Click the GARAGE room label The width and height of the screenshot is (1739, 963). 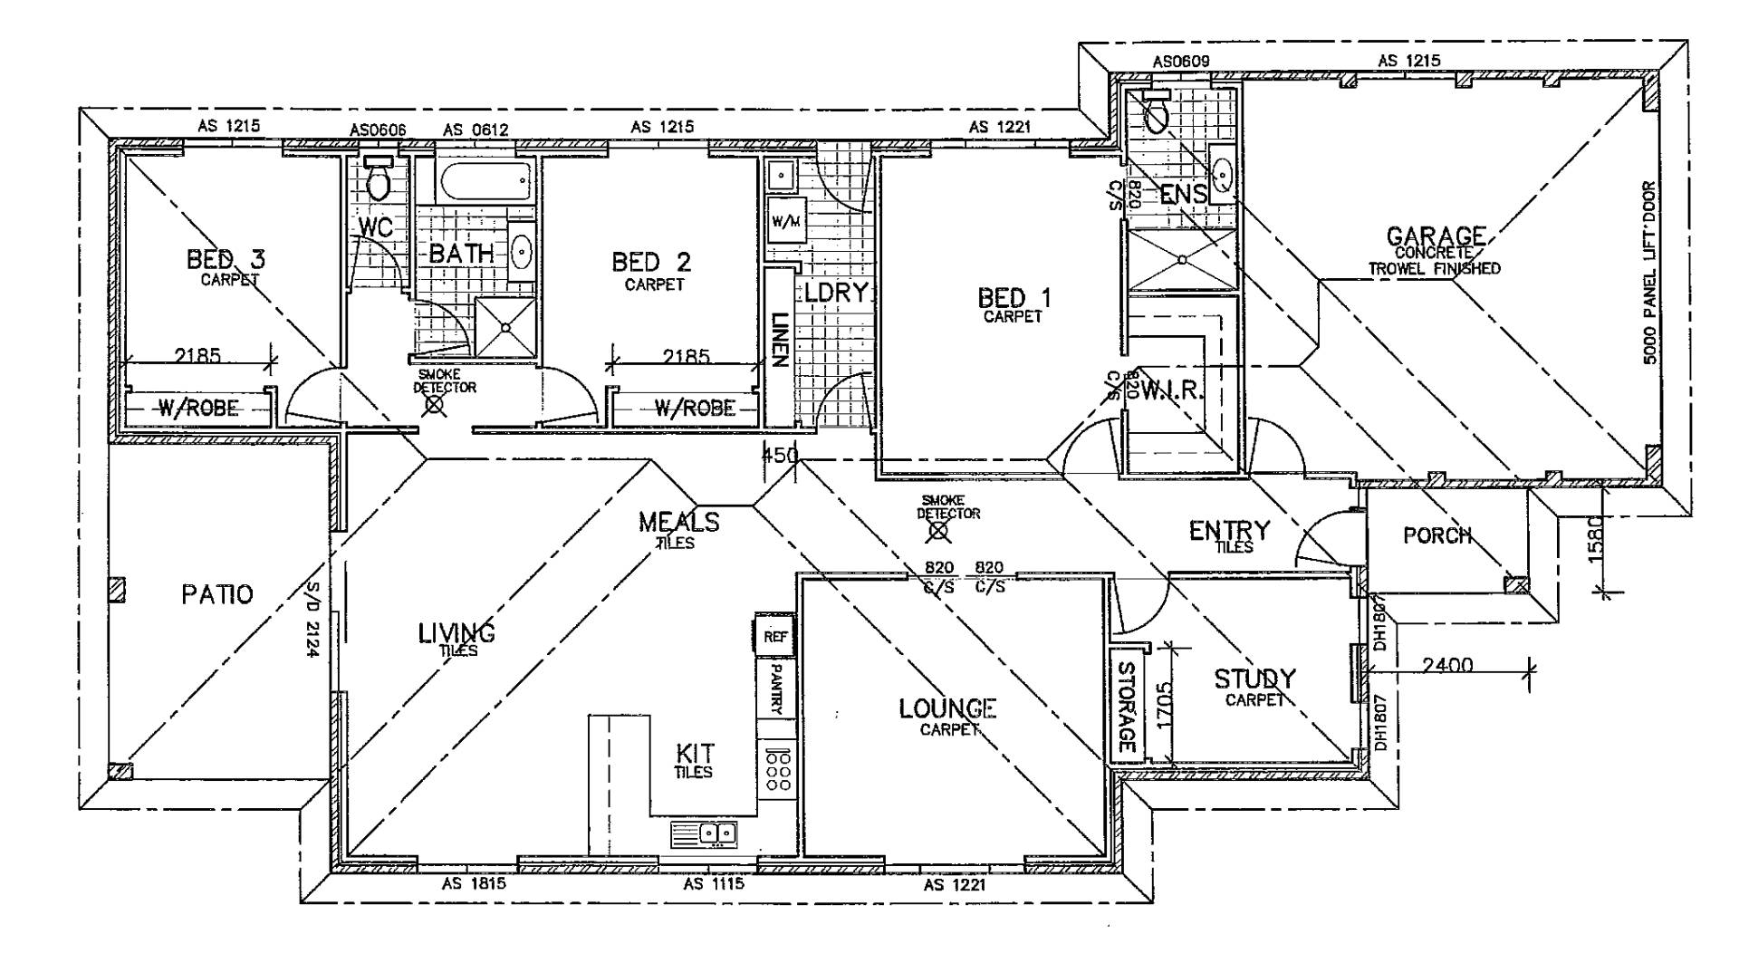coord(1436,237)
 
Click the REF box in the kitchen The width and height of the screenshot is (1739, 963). coord(775,636)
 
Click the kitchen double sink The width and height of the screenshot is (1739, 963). coord(705,833)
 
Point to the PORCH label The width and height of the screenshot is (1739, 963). coord(1437,535)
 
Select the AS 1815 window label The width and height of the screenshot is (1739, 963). coord(474,884)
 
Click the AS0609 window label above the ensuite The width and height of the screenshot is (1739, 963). coord(1181,62)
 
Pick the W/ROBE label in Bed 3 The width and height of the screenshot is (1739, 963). coord(199,409)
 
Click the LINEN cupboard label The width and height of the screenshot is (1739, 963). coord(778,340)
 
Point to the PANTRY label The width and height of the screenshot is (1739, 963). coord(775,689)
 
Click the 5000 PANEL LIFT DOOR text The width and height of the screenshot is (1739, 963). coord(1648,273)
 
